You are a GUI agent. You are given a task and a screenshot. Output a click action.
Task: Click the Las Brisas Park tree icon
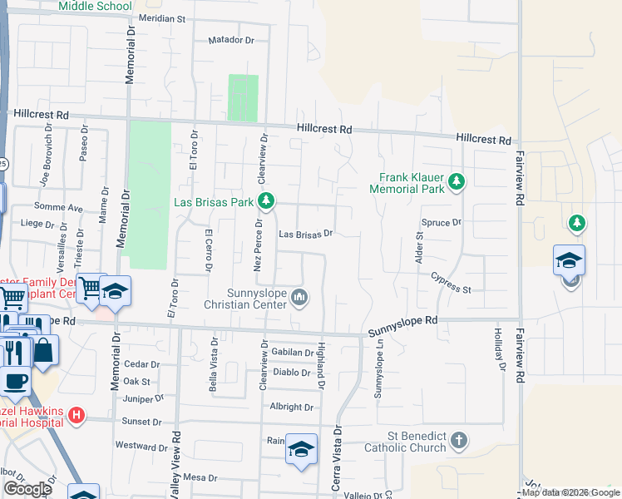266,200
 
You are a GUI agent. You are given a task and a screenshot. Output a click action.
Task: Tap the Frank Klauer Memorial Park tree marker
456,182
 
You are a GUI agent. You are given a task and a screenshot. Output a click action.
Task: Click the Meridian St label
161,17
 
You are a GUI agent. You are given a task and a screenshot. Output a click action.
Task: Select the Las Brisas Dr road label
305,235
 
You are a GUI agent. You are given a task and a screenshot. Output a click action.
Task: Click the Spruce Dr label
442,223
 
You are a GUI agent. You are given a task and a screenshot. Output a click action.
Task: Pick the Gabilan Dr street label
291,353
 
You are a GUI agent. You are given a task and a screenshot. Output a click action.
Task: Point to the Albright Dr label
291,408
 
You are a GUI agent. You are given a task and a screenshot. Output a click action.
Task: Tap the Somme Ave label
58,207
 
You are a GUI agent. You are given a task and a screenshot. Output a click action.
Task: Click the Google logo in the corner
27,489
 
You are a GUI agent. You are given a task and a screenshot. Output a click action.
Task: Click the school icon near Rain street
301,450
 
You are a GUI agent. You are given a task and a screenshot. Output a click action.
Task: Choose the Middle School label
96,6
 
